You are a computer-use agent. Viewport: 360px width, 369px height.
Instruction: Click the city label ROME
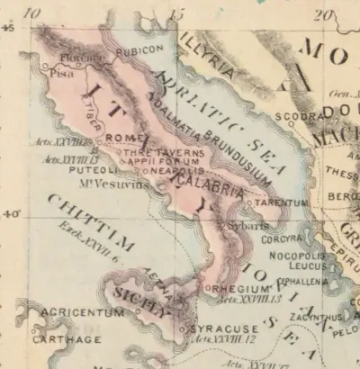120,138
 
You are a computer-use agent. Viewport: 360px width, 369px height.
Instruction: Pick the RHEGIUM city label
235,288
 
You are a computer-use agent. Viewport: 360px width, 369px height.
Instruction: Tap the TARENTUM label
279,203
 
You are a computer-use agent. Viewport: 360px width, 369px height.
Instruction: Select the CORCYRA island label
280,240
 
